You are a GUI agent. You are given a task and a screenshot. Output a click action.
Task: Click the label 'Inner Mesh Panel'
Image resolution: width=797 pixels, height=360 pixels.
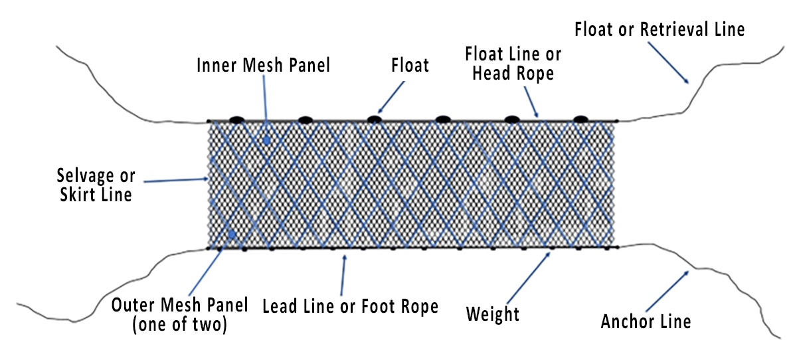click(x=264, y=65)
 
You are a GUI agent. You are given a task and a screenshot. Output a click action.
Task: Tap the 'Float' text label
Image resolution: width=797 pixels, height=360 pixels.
click(x=410, y=65)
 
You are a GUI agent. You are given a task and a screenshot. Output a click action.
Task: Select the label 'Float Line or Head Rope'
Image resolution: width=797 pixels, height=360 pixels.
click(x=513, y=63)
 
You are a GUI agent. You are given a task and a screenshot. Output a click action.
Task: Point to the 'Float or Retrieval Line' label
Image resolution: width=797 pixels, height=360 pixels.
click(x=660, y=29)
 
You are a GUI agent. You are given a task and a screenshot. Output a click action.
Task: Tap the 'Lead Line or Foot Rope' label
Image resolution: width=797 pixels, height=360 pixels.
click(x=351, y=306)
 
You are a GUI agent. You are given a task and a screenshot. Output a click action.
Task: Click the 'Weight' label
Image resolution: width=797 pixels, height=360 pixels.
click(x=492, y=313)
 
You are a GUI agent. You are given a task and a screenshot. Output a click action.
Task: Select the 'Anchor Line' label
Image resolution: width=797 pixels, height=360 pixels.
click(x=646, y=321)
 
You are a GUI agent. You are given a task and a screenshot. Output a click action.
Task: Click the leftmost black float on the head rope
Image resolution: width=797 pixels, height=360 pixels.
click(x=236, y=120)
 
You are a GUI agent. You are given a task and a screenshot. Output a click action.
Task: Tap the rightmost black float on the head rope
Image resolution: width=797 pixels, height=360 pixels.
click(x=580, y=119)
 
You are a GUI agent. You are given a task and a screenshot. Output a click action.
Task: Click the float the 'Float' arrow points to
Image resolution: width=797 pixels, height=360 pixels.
click(x=375, y=120)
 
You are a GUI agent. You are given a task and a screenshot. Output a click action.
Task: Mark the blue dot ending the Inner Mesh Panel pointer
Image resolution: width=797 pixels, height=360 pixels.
click(x=266, y=140)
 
